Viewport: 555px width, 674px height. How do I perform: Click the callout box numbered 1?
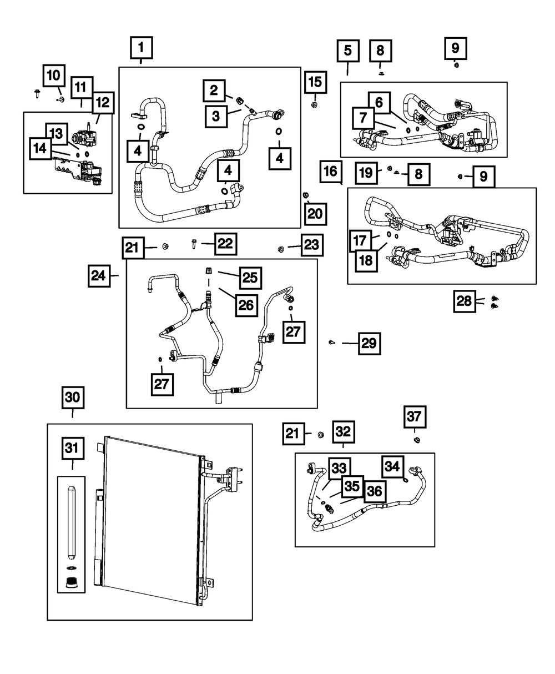click(x=141, y=48)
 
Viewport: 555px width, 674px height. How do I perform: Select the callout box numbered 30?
click(x=73, y=398)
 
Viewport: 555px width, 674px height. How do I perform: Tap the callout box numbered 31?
click(x=73, y=448)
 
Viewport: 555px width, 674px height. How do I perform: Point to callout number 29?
click(x=369, y=344)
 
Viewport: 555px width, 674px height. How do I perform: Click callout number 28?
click(x=464, y=301)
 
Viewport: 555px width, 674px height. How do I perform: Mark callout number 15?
click(x=314, y=83)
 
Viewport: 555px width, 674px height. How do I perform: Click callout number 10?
click(x=54, y=76)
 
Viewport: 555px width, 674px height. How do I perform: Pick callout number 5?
click(x=348, y=51)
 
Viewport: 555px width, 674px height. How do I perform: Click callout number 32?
click(x=344, y=431)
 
